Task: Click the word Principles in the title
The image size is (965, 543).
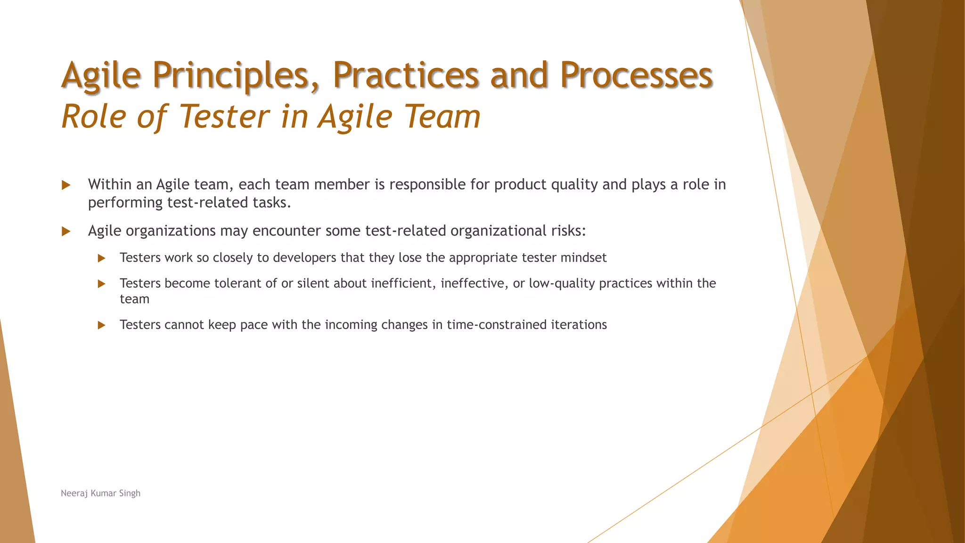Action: (236, 75)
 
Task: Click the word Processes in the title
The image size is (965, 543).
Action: (636, 75)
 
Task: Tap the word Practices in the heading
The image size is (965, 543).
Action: (406, 75)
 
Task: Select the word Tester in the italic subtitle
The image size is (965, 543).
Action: (224, 116)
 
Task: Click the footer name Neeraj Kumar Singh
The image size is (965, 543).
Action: (100, 493)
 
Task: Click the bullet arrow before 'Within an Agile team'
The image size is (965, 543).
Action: (66, 185)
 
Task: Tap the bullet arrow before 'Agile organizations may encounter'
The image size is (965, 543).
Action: (66, 231)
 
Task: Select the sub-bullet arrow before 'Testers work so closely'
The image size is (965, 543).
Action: (101, 258)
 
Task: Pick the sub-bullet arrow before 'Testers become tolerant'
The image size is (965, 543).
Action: (101, 284)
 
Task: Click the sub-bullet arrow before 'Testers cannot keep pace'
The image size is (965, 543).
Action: (101, 325)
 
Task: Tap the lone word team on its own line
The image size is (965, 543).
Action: (134, 299)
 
